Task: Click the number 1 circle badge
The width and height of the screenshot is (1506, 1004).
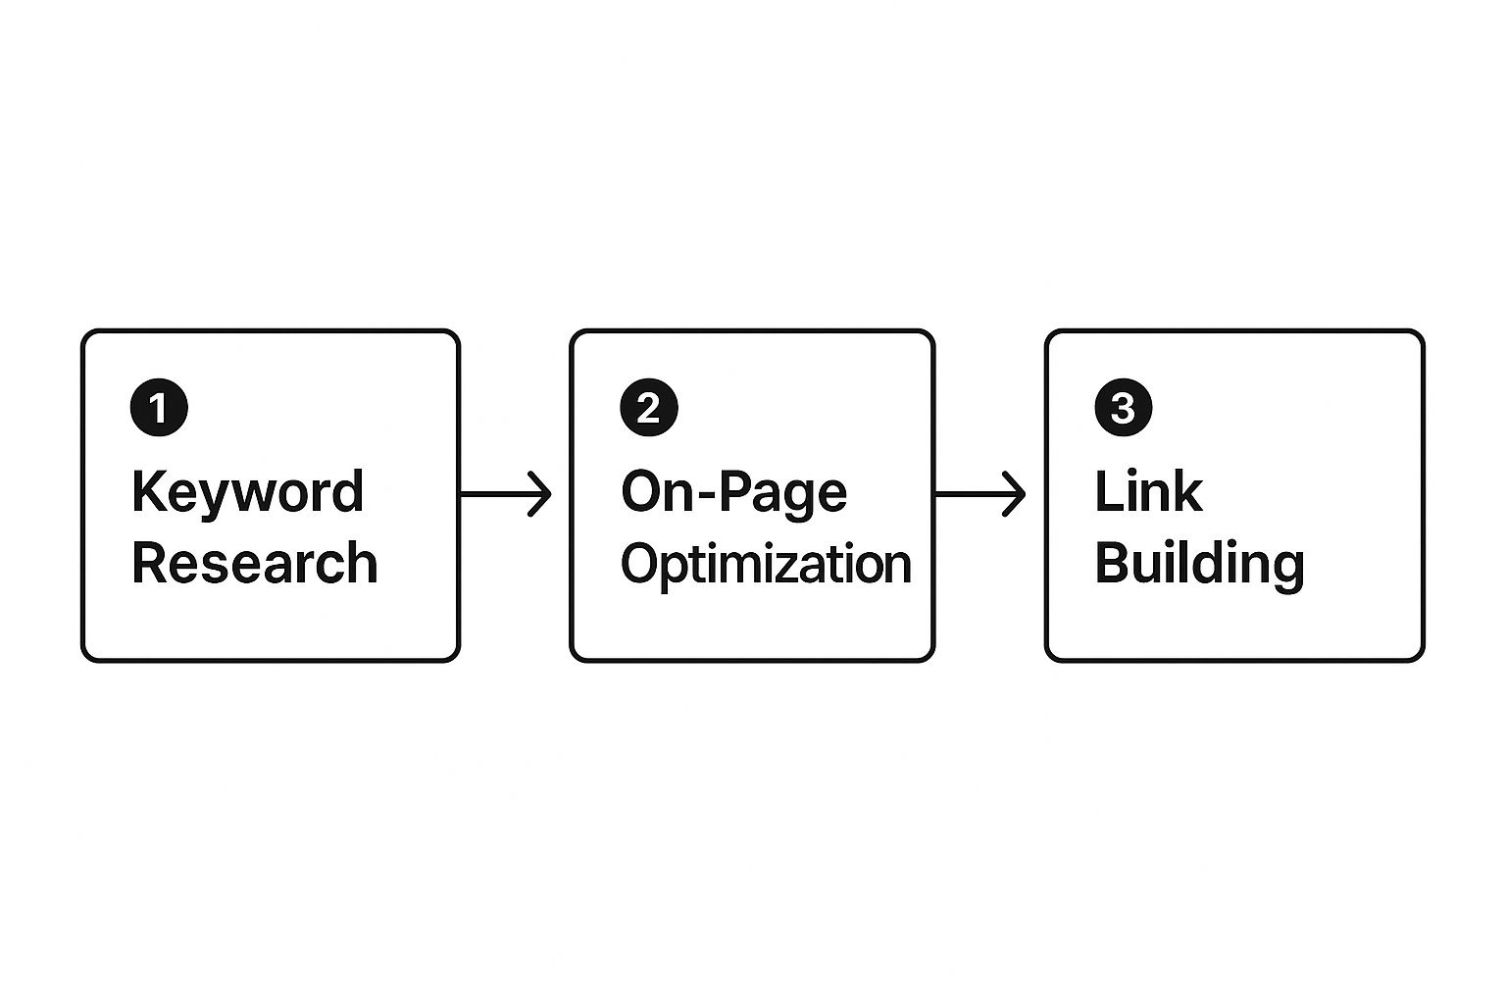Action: [159, 408]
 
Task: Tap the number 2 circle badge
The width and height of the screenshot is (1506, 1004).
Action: [648, 408]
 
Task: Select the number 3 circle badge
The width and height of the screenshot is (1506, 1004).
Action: [1123, 408]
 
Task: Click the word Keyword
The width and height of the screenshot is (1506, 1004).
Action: [247, 492]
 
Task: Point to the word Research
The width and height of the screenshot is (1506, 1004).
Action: [254, 564]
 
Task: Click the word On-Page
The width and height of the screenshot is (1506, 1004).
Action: [733, 492]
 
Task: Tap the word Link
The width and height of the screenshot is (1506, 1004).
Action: [1147, 492]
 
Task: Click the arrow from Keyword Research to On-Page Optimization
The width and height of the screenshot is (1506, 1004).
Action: [505, 493]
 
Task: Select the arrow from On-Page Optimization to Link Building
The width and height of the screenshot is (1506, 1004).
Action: [979, 493]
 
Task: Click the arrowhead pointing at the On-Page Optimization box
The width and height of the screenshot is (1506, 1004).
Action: [540, 493]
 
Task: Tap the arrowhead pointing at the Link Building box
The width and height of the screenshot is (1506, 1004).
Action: [1015, 493]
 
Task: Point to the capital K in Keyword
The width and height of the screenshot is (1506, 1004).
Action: [146, 492]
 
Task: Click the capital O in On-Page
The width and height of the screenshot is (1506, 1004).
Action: [642, 492]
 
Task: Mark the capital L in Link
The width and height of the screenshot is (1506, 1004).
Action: [1106, 492]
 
